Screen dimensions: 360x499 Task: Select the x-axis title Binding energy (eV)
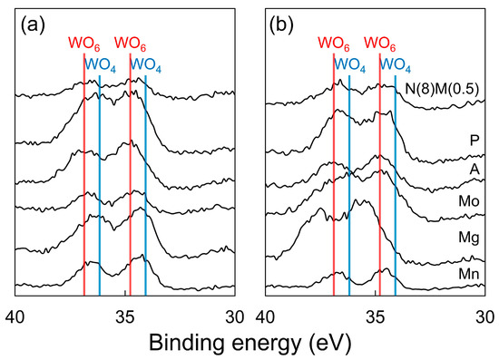(249, 345)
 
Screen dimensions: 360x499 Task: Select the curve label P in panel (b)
(474, 140)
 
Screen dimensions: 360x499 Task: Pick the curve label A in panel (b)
(474, 169)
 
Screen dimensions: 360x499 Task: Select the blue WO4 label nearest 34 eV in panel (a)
(146, 64)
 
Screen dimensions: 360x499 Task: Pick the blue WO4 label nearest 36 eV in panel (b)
(350, 64)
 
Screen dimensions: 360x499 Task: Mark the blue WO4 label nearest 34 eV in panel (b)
(396, 64)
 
